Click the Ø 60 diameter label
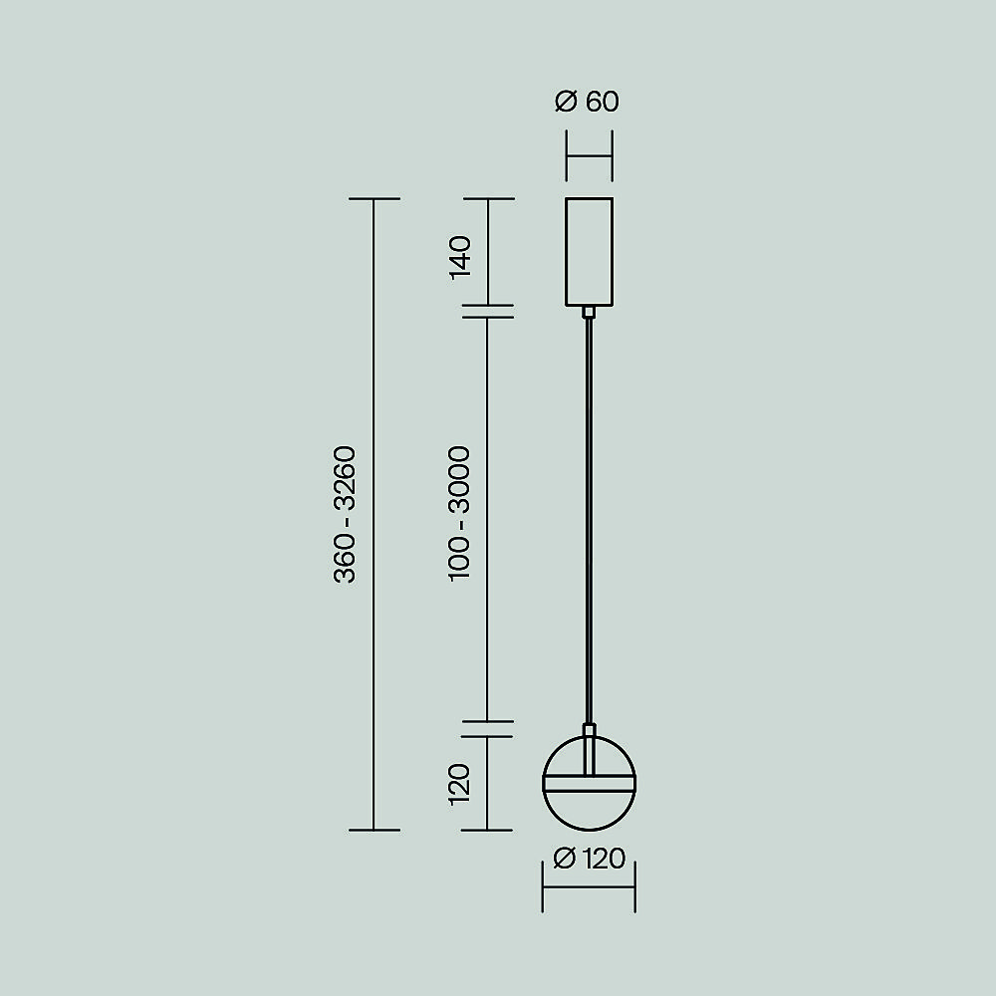click(587, 102)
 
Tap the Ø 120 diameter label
click(590, 859)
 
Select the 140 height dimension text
click(460, 257)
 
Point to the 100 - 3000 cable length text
click(460, 513)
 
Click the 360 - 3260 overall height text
click(345, 515)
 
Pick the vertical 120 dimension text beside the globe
click(460, 785)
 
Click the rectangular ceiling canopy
click(589, 252)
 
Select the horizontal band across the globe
click(589, 783)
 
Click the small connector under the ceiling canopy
click(589, 312)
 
